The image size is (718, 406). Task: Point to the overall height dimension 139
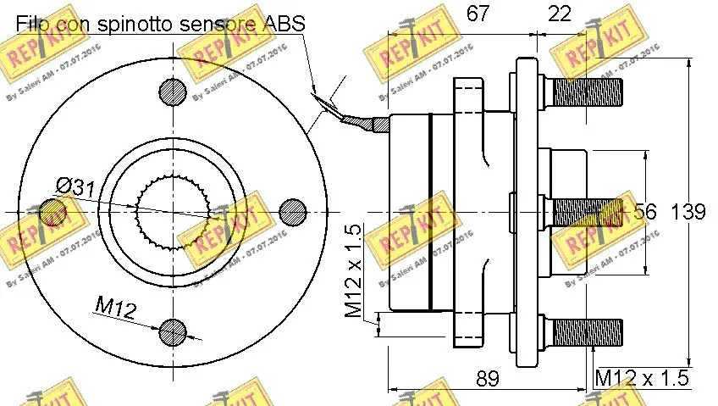[689, 212]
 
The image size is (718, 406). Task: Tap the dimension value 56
[645, 212]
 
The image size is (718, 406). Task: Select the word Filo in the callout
[34, 24]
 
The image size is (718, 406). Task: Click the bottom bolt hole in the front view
[173, 330]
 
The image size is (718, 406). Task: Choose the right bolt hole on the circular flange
[292, 211]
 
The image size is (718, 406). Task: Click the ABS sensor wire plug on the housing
[373, 124]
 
